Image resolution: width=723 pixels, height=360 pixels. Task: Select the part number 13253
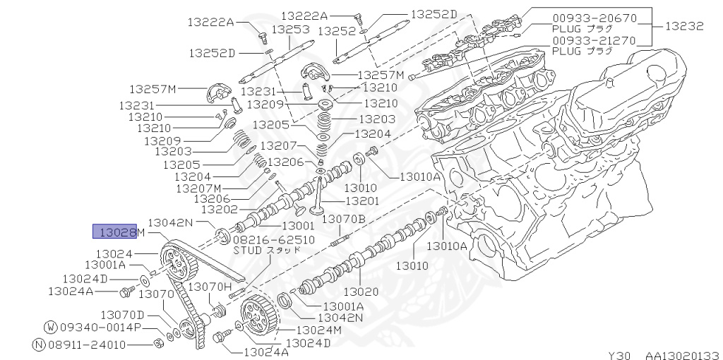pyautogui.click(x=291, y=30)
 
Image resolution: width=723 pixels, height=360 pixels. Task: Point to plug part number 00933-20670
pyautogui.click(x=594, y=18)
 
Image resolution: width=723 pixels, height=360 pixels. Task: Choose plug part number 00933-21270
pyautogui.click(x=594, y=40)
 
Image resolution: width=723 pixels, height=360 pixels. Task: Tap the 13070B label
pyautogui.click(x=343, y=220)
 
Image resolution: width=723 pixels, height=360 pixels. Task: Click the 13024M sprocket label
pyautogui.click(x=318, y=330)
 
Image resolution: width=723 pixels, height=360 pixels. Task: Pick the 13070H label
pyautogui.click(x=209, y=287)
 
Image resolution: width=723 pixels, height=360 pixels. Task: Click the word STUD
pyautogui.click(x=246, y=250)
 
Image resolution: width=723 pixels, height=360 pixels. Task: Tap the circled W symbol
pyautogui.click(x=51, y=328)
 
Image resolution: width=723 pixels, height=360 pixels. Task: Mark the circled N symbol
pyautogui.click(x=40, y=345)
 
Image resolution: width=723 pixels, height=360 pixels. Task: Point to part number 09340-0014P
pyautogui.click(x=100, y=328)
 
